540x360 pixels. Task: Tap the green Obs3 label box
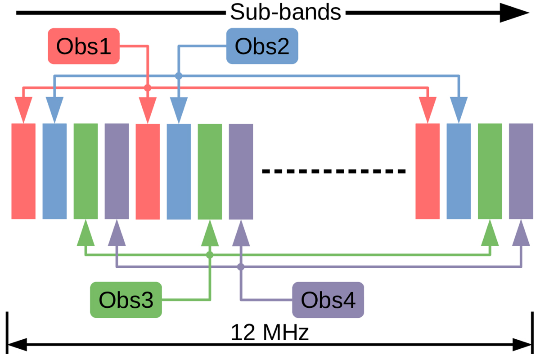(126, 300)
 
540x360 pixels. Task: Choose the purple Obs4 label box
(328, 300)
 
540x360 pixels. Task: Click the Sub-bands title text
(286, 12)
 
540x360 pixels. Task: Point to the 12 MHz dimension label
(270, 333)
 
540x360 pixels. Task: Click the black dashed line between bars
(334, 171)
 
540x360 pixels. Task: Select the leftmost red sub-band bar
(23, 171)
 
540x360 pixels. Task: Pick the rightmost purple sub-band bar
(521, 171)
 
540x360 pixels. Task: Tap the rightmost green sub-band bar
(490, 171)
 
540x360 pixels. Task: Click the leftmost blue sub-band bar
(54, 171)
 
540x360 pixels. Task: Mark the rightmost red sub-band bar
(427, 171)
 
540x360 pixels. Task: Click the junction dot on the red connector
(147, 88)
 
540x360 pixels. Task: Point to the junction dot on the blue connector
(179, 76)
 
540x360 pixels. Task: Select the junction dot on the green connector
(210, 255)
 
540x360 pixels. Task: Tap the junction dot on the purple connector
(241, 267)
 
